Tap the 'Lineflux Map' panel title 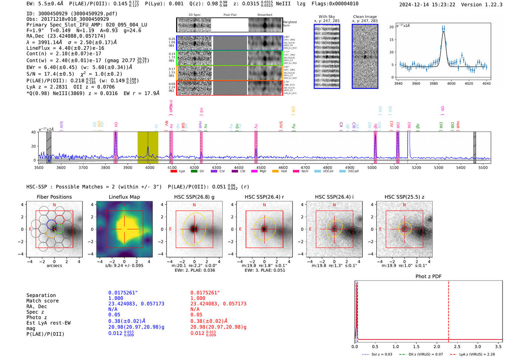124,197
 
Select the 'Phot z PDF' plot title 428,276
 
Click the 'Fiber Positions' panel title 54,197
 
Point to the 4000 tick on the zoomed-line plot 451,83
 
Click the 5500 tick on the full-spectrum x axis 483,167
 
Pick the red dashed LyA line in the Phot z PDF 449,310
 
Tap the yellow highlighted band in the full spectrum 148,147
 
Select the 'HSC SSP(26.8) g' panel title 194,197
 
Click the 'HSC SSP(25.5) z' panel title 404,197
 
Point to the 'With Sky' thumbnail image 327,56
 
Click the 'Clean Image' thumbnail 365,56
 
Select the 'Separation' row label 41,295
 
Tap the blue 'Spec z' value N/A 113,309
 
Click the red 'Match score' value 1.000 198,298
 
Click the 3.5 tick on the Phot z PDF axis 499,346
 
